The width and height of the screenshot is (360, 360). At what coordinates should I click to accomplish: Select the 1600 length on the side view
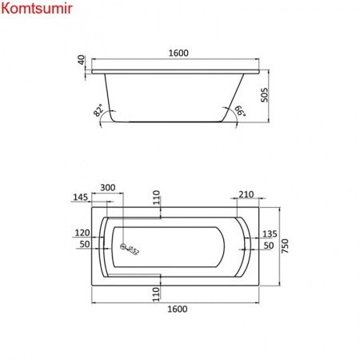click(178, 53)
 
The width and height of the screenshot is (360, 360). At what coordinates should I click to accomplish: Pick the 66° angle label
click(238, 113)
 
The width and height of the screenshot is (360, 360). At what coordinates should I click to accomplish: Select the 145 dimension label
click(81, 197)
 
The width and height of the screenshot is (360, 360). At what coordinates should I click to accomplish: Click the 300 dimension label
click(108, 187)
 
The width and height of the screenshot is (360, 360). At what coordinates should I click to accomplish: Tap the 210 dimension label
click(246, 194)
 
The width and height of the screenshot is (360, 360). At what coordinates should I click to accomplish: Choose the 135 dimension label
click(269, 234)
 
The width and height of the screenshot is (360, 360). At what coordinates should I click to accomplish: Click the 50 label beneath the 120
click(82, 244)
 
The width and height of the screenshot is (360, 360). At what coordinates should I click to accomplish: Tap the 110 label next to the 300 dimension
click(158, 195)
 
